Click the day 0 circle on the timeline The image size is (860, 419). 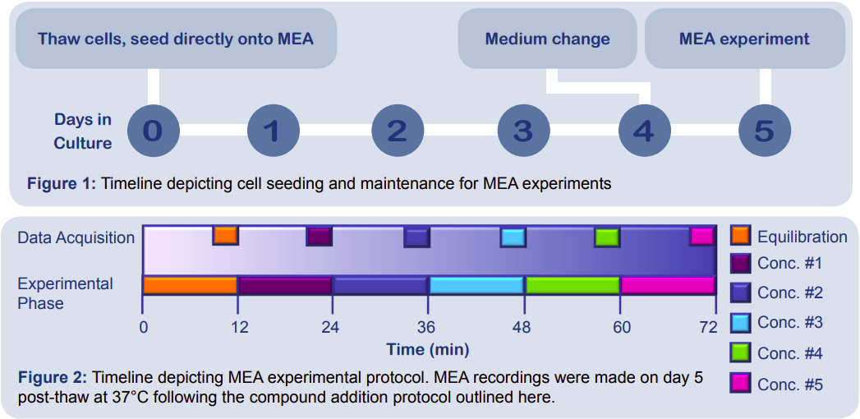coord(153,131)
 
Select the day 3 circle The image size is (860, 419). coord(523,131)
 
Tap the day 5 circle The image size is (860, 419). coord(764,131)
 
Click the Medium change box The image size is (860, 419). coord(547,39)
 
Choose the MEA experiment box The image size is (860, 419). coord(744,39)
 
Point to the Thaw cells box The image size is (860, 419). coord(176,39)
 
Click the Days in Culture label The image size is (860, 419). coord(83,131)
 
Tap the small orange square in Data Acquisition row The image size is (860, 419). coord(225,236)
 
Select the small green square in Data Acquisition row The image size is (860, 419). coord(607,237)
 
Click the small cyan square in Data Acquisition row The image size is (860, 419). coord(513,237)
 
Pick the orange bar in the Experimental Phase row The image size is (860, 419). coord(191,285)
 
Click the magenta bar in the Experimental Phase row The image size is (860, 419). coord(668,285)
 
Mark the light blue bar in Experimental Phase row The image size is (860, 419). coord(476,285)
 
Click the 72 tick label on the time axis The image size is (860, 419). coord(707,326)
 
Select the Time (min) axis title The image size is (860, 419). coord(428,349)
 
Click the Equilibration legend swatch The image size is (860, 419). coord(741,236)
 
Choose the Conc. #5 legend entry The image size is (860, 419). coord(789,384)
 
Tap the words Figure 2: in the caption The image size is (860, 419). coord(52,378)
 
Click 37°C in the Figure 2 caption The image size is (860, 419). coord(124,398)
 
